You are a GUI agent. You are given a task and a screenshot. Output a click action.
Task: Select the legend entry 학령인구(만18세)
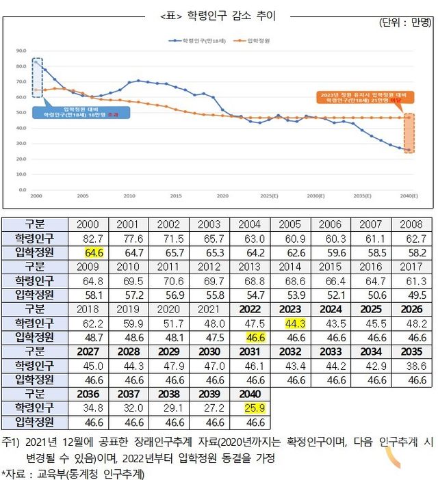point(198,41)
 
